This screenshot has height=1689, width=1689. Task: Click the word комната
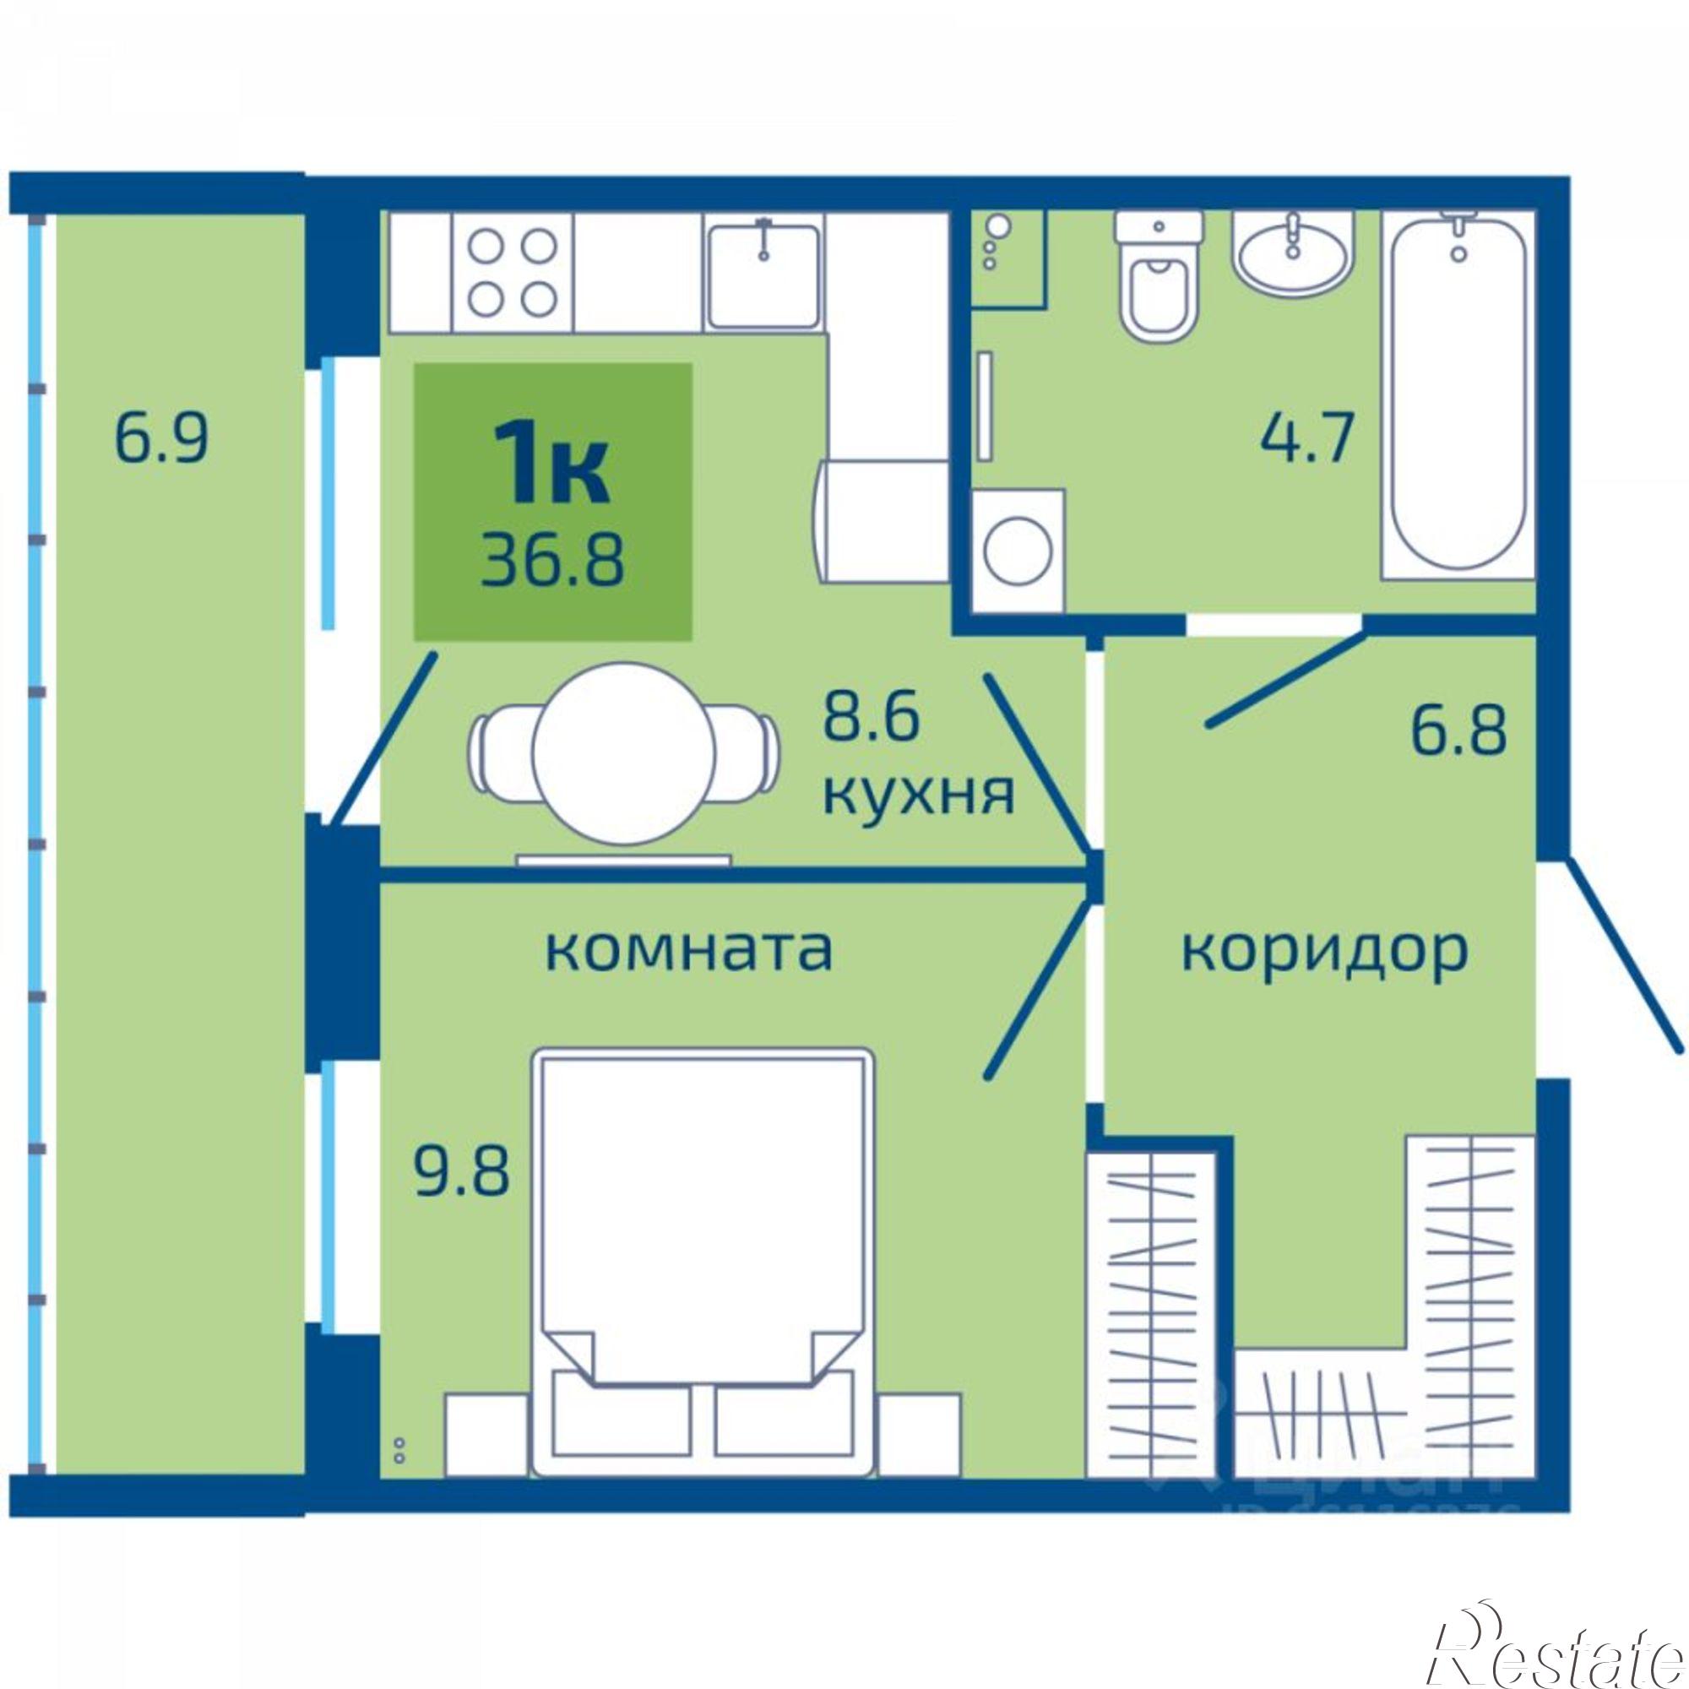[688, 949]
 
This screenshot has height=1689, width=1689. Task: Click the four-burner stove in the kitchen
[513, 274]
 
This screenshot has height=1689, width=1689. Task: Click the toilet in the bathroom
[1159, 280]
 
